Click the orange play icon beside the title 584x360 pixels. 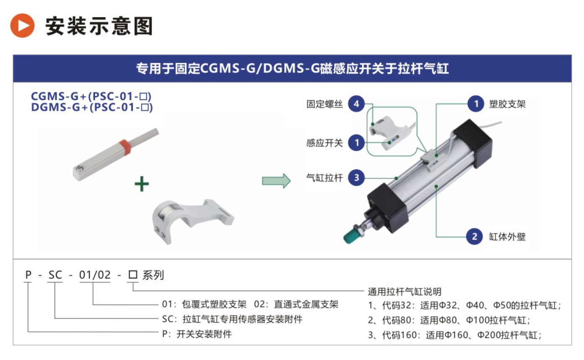(22, 26)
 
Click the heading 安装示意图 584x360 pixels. (99, 26)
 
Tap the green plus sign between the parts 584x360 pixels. (142, 184)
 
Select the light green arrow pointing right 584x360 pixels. (276, 180)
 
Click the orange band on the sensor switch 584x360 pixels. (125, 147)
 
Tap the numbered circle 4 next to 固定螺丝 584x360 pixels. (356, 104)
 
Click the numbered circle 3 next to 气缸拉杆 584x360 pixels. (356, 177)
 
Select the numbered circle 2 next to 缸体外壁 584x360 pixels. (475, 236)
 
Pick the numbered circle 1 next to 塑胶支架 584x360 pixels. (476, 104)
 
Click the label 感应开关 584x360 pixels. (324, 143)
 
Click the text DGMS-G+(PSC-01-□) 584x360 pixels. (92, 107)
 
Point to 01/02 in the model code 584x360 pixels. (95, 275)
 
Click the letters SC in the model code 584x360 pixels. (55, 275)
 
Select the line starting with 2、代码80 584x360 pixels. (449, 320)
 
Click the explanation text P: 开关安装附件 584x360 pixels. (197, 334)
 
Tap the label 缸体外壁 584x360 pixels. (507, 237)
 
